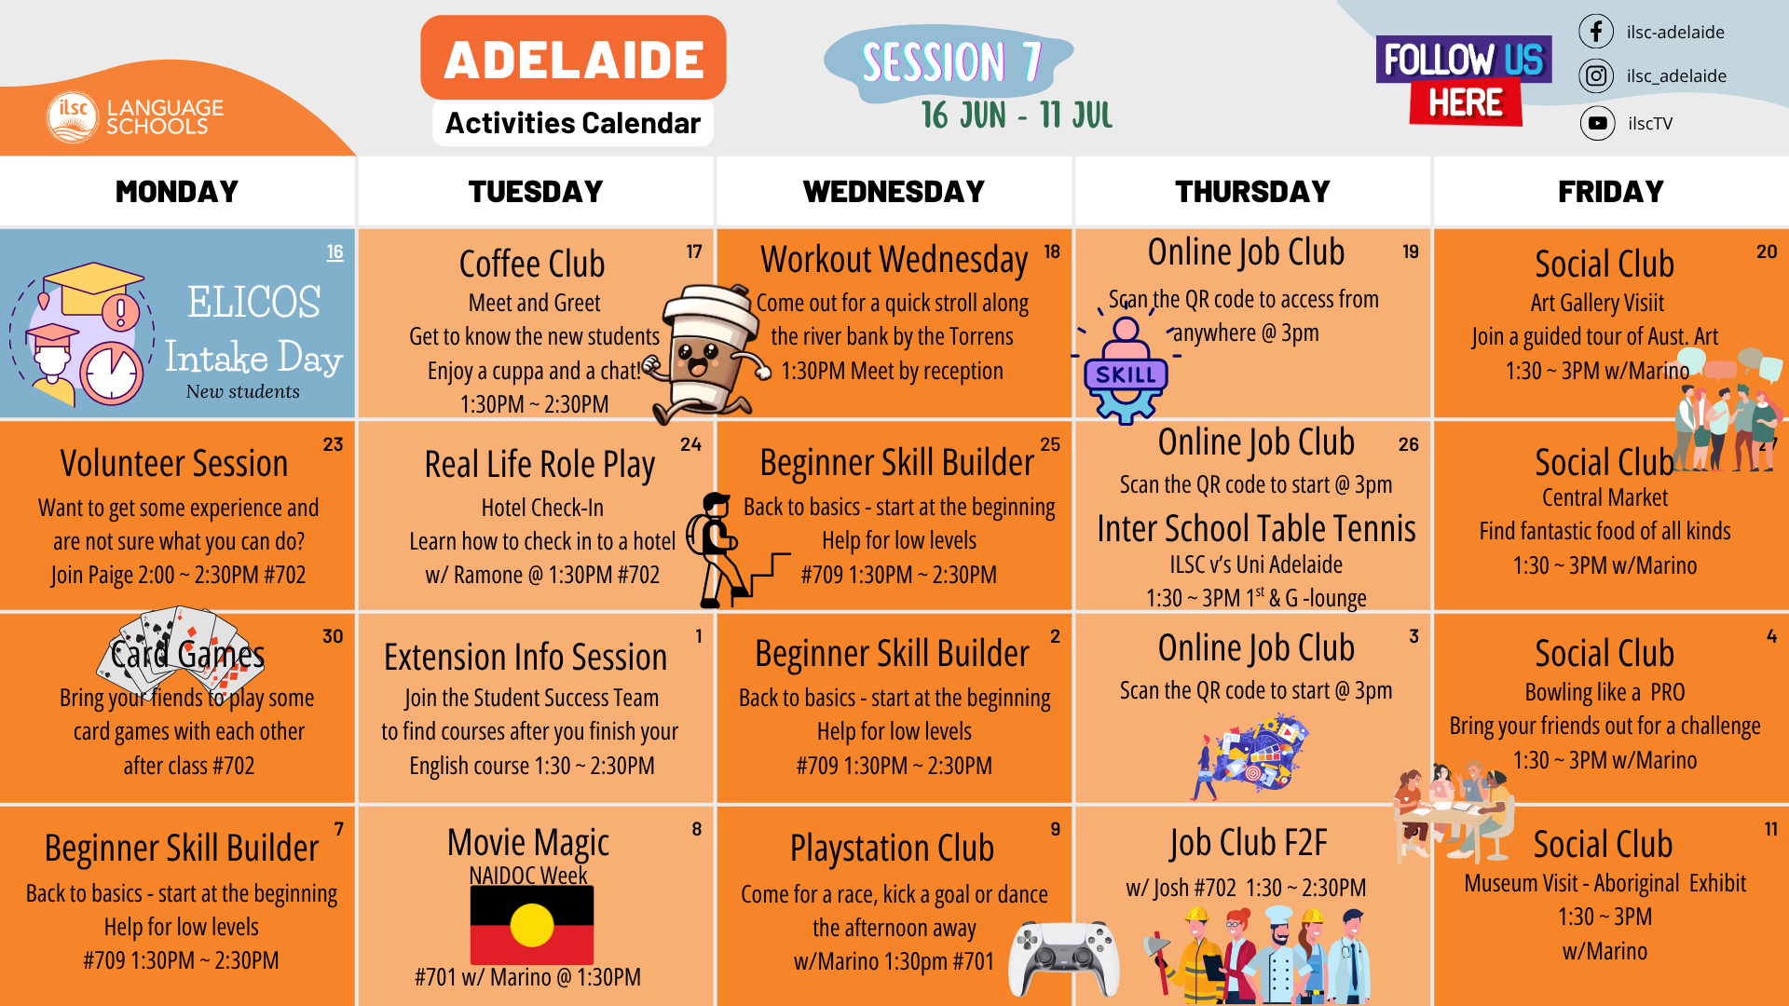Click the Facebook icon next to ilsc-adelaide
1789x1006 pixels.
pos(1595,32)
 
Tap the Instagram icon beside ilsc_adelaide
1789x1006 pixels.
pos(1595,75)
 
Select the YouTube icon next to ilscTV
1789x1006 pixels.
pos(1597,123)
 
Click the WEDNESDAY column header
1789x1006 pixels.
pos(894,192)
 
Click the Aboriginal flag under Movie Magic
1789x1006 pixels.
pos(531,925)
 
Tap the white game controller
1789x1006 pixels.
pos(1066,958)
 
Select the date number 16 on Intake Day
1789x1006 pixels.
pos(335,251)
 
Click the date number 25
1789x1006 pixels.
pos(1050,444)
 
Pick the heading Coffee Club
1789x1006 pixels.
pos(532,265)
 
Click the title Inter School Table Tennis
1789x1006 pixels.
pos(1256,529)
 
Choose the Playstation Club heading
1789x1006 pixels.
pos(892,849)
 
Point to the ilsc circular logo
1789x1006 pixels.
pos(73,116)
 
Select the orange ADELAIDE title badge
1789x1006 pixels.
pos(573,59)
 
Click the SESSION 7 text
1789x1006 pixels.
pos(950,62)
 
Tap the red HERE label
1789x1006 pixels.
pos(1465,103)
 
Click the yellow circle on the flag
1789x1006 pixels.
pos(532,926)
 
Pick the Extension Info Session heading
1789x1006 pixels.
pos(526,658)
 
